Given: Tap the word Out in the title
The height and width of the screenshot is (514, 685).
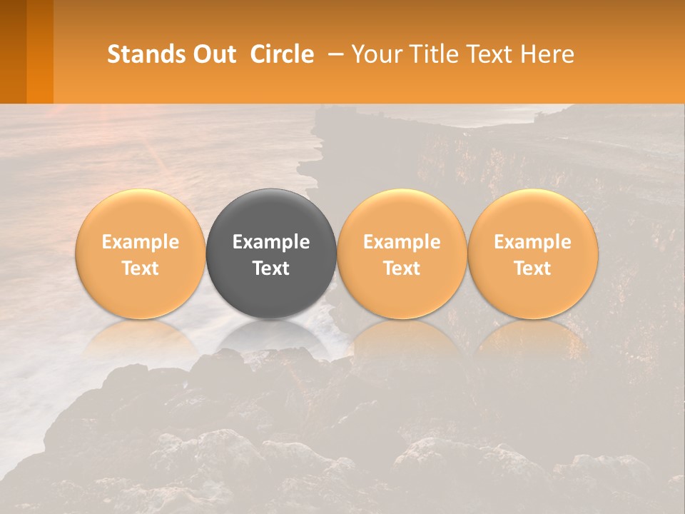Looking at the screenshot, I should pos(214,54).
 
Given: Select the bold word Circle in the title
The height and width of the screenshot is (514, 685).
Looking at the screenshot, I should pos(282,54).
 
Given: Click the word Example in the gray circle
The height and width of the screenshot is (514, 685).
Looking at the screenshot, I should pos(271,242).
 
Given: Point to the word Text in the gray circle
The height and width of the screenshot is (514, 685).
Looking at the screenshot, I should pos(271,268).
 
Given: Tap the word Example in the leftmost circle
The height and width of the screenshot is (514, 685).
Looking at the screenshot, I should pos(140,242).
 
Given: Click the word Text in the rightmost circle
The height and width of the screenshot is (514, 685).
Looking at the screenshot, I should pos(533,268).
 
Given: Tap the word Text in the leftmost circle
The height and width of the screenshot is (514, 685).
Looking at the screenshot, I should pos(140,268).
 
